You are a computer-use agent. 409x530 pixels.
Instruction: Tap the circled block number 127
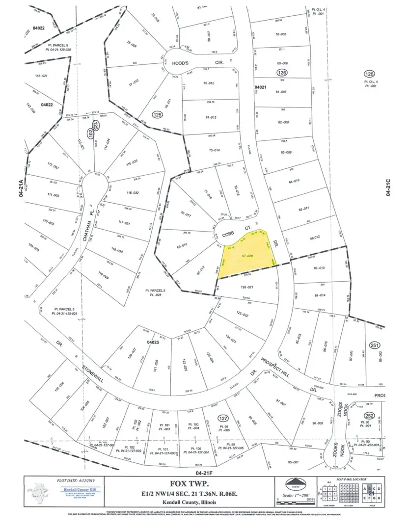(x=224, y=419)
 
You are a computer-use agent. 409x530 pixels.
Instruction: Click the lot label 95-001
(x=294, y=462)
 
